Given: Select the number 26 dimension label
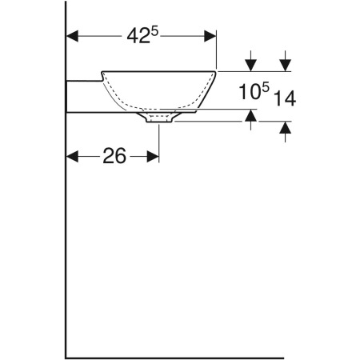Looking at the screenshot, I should [114, 157].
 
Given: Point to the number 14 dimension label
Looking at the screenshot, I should [284, 98].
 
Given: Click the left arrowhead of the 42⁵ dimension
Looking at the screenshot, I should [71, 36].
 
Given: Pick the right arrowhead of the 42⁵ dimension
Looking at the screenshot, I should [211, 36].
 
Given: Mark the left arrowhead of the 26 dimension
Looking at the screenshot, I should [71, 157].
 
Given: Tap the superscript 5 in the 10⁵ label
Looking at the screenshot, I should [267, 86].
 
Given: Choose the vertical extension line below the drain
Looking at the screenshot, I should [160, 140].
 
